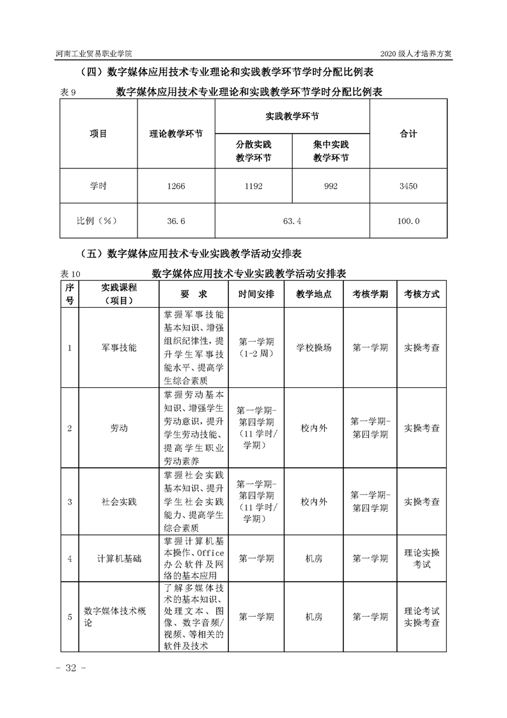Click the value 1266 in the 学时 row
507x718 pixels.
coord(176,186)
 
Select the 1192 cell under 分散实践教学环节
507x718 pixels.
coord(253,186)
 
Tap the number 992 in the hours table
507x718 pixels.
coord(331,186)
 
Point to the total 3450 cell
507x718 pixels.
coord(408,186)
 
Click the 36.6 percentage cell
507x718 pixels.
coord(176,221)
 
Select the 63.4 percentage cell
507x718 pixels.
coord(292,221)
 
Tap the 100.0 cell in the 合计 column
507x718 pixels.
coord(408,221)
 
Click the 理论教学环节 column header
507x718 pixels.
coord(176,134)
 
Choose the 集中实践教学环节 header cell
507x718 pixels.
coord(331,151)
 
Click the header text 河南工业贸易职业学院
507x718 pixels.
coord(98,54)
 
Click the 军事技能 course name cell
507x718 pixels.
coord(119,347)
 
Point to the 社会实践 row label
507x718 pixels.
coord(119,501)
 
